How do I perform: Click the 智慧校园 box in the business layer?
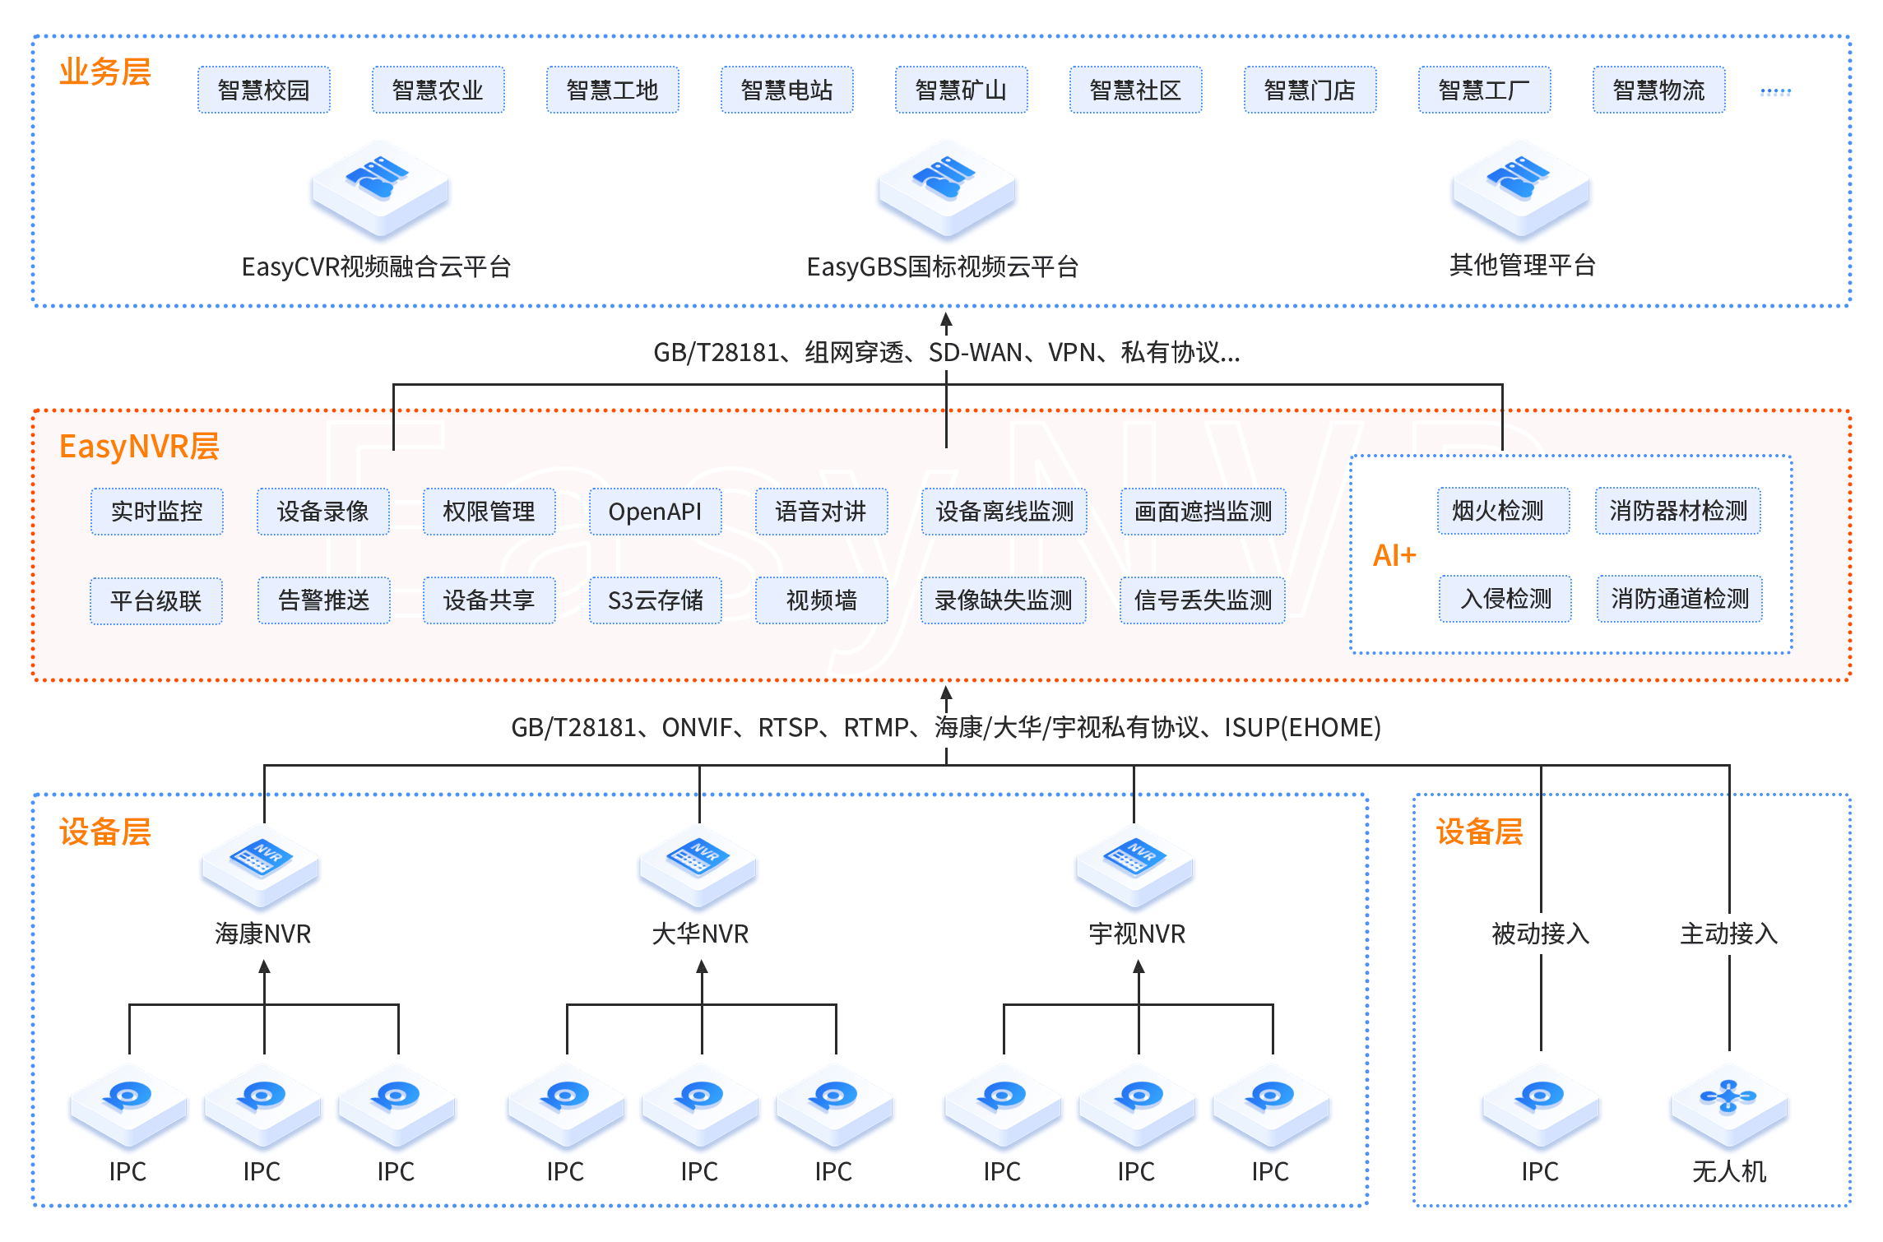263,90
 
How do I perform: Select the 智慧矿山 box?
961,90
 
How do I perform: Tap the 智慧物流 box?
1658,90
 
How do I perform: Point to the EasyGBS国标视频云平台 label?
943,266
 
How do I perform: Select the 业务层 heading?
105,72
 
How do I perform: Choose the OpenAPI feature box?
655,512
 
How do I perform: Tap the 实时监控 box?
156,512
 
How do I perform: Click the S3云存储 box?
655,600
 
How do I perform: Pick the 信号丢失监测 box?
1203,600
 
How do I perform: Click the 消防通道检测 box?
1679,599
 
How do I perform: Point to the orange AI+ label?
1394,555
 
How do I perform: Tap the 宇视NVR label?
1137,934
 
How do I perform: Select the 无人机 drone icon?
1728,1104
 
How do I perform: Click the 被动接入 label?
1540,934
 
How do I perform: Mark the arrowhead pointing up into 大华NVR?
702,967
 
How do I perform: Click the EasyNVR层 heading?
139,447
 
